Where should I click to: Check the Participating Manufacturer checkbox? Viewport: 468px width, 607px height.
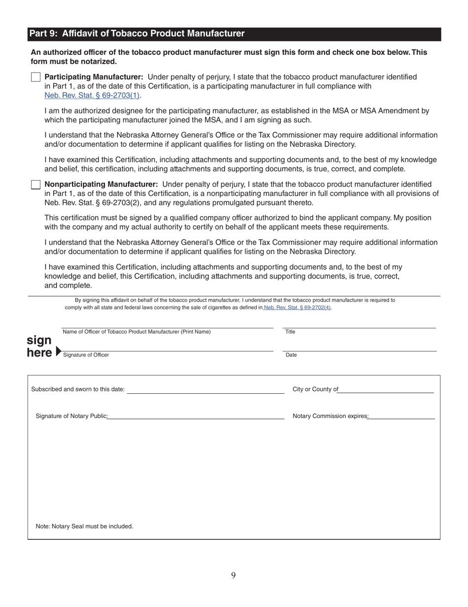pos(35,77)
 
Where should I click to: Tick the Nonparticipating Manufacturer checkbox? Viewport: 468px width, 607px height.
pos(35,185)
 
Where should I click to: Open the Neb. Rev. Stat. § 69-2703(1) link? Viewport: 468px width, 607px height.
pos(92,95)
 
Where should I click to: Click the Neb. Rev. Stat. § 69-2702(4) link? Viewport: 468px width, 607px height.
pos(297,307)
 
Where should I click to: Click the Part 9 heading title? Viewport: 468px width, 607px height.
pos(136,34)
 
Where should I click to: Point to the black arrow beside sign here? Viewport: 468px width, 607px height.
pos(59,351)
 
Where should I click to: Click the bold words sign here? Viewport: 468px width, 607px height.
pos(39,346)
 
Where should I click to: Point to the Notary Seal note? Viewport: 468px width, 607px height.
pos(84,527)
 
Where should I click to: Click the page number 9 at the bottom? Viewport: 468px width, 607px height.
pos(233,575)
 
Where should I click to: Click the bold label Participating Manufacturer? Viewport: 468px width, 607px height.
pos(94,77)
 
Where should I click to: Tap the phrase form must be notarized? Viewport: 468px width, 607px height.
pos(74,62)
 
